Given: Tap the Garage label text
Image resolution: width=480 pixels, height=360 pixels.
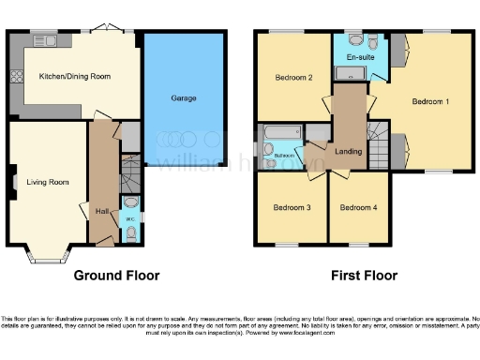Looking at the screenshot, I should click(x=183, y=97).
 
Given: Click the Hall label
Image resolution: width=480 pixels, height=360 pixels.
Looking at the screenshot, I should click(x=101, y=211).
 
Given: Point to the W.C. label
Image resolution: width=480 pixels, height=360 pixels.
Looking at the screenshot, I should click(x=130, y=219).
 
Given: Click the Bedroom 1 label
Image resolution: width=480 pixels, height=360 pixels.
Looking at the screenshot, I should click(x=433, y=100).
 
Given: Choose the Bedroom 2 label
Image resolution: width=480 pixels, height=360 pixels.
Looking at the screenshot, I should click(x=293, y=78).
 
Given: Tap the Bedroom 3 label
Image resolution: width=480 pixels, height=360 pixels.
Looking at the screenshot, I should click(x=292, y=207).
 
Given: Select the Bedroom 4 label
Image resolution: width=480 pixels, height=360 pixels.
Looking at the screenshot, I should click(x=358, y=207).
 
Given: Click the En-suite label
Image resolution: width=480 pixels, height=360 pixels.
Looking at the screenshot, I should click(x=357, y=58).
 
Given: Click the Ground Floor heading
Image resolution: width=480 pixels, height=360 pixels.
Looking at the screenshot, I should click(x=117, y=276).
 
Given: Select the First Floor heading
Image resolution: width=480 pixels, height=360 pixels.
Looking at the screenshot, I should click(x=363, y=276).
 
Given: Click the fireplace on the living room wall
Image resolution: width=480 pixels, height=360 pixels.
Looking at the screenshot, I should click(x=13, y=181).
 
